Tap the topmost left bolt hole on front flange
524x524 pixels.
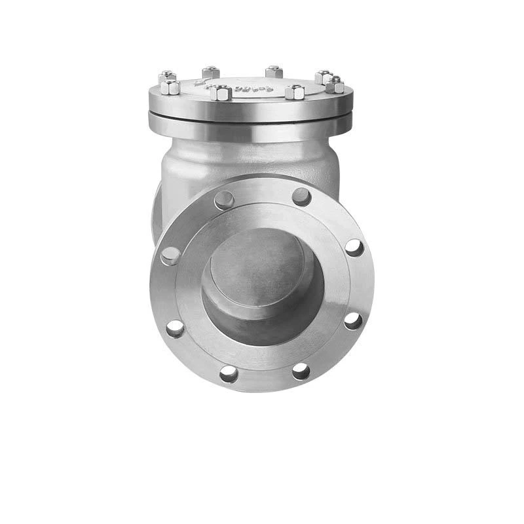(x=223, y=199)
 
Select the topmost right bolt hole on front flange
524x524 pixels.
(x=301, y=196)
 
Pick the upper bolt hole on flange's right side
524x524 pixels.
(x=354, y=248)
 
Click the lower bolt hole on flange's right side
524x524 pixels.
(x=353, y=320)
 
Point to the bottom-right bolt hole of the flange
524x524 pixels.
(x=301, y=371)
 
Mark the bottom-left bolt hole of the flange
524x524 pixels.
(x=228, y=373)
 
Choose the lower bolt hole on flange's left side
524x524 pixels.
(x=174, y=327)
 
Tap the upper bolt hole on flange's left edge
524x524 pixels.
(x=170, y=255)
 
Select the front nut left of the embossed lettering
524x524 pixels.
(x=219, y=92)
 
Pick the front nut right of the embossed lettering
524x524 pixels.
(x=295, y=92)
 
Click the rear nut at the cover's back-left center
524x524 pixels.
(x=211, y=72)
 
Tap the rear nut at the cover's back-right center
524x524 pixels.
(x=274, y=71)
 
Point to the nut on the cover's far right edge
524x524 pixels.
(x=335, y=85)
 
